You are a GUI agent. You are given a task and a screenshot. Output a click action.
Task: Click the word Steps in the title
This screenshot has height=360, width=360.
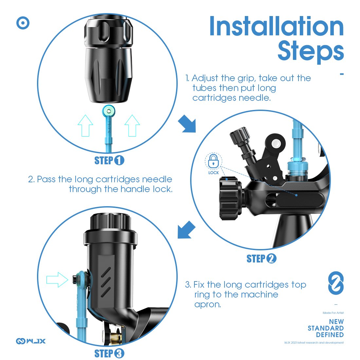pos(311,51)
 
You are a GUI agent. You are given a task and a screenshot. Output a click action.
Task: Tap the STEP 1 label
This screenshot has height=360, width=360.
pos(109,160)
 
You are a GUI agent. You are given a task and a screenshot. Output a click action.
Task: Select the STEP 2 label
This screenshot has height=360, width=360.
pos(261,259)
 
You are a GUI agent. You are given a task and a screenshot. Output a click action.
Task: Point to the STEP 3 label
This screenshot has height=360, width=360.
pos(109,353)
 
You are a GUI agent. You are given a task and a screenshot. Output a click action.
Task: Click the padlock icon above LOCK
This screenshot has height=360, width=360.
pos(213,161)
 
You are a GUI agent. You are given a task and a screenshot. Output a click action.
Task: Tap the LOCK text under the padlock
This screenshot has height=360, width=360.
pos(213,173)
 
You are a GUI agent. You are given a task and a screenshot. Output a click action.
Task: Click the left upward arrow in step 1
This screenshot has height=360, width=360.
pos(85,126)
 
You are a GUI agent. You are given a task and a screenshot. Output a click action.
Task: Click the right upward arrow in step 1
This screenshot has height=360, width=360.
pos(132,126)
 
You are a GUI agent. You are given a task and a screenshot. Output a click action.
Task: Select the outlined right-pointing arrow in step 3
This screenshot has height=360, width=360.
pos(57,279)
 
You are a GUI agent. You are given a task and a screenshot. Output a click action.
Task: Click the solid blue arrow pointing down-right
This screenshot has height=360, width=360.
pos(187,124)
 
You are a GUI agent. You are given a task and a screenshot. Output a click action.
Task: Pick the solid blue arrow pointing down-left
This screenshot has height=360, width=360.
pos(187,230)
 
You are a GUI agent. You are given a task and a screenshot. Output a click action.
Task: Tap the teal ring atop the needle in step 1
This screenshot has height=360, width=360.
pos(109,111)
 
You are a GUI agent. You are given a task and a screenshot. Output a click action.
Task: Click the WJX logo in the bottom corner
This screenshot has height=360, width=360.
pos(31,341)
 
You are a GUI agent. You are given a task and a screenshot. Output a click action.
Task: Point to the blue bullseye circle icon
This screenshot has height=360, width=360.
pos(23,23)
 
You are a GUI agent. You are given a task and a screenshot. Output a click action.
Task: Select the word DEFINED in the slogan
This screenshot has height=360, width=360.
pos(330,335)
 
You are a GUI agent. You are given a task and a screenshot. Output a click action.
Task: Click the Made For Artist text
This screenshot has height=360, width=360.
pos(333,313)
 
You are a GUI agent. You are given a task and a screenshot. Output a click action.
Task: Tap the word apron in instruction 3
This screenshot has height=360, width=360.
pos(207,304)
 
